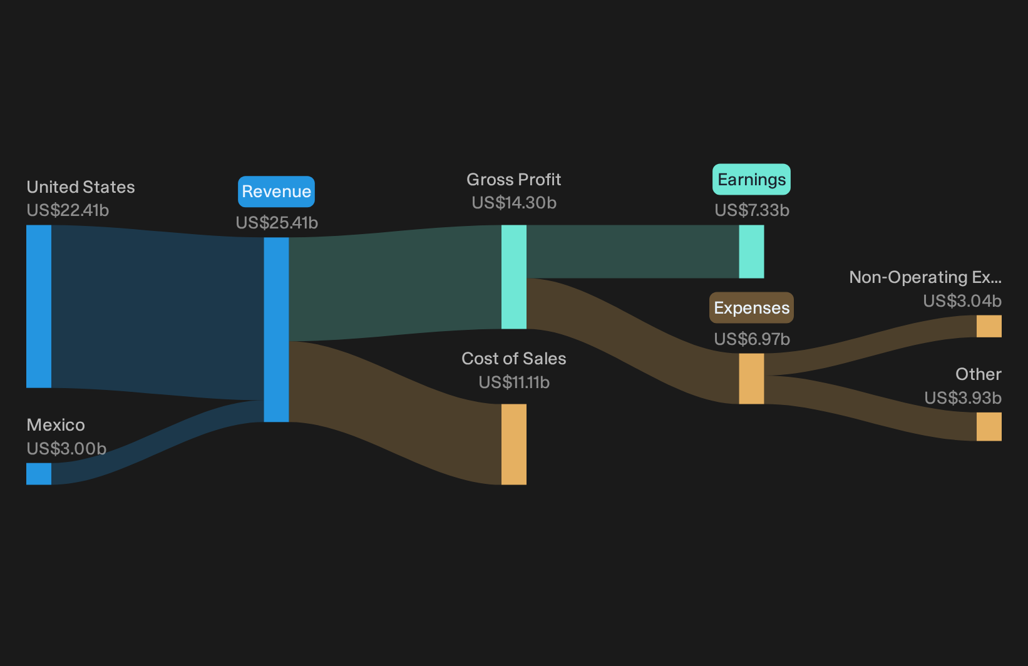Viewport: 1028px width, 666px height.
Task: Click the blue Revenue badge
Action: coord(276,192)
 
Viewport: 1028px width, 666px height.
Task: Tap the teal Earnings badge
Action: coord(751,180)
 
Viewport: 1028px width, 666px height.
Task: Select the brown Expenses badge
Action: coord(751,307)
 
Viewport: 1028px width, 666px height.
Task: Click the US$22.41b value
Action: coord(68,210)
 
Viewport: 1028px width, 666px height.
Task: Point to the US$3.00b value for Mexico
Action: coord(66,448)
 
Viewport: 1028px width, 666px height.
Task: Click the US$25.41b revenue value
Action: coord(277,223)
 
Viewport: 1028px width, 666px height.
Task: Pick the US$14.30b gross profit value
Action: coord(514,202)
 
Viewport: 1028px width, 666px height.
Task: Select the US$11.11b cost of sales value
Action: coord(514,382)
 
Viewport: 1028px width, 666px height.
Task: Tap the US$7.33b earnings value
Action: coord(752,210)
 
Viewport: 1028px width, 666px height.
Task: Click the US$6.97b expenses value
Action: coord(752,339)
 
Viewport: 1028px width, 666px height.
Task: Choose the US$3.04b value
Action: coord(962,301)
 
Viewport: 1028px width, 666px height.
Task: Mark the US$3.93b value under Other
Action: coord(963,398)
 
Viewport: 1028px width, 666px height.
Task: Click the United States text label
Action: coord(81,187)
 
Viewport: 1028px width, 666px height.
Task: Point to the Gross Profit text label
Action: coord(514,180)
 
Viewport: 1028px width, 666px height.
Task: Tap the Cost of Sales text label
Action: coord(514,359)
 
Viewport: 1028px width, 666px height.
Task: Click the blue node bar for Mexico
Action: coord(39,474)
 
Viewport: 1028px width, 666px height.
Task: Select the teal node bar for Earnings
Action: coord(751,252)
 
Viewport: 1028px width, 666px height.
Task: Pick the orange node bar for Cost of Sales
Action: coord(514,444)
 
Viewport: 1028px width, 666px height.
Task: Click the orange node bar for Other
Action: coord(989,426)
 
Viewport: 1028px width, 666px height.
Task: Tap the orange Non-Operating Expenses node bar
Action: coord(989,326)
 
